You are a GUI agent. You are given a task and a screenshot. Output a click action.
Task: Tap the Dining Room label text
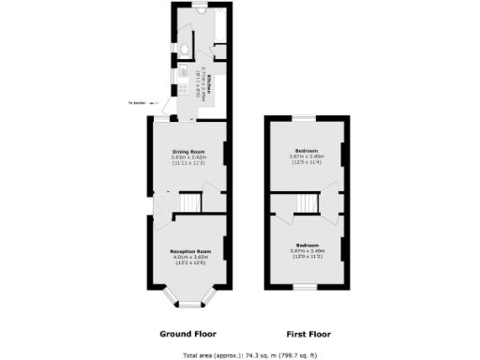coord(189,151)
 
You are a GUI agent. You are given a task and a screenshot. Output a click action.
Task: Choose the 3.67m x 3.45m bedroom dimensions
coord(307,156)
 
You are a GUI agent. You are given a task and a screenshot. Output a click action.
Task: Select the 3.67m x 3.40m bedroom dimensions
coord(307,250)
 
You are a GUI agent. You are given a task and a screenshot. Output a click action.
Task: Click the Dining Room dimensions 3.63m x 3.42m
coord(189,157)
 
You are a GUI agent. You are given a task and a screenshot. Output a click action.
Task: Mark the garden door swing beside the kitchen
coord(170,109)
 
